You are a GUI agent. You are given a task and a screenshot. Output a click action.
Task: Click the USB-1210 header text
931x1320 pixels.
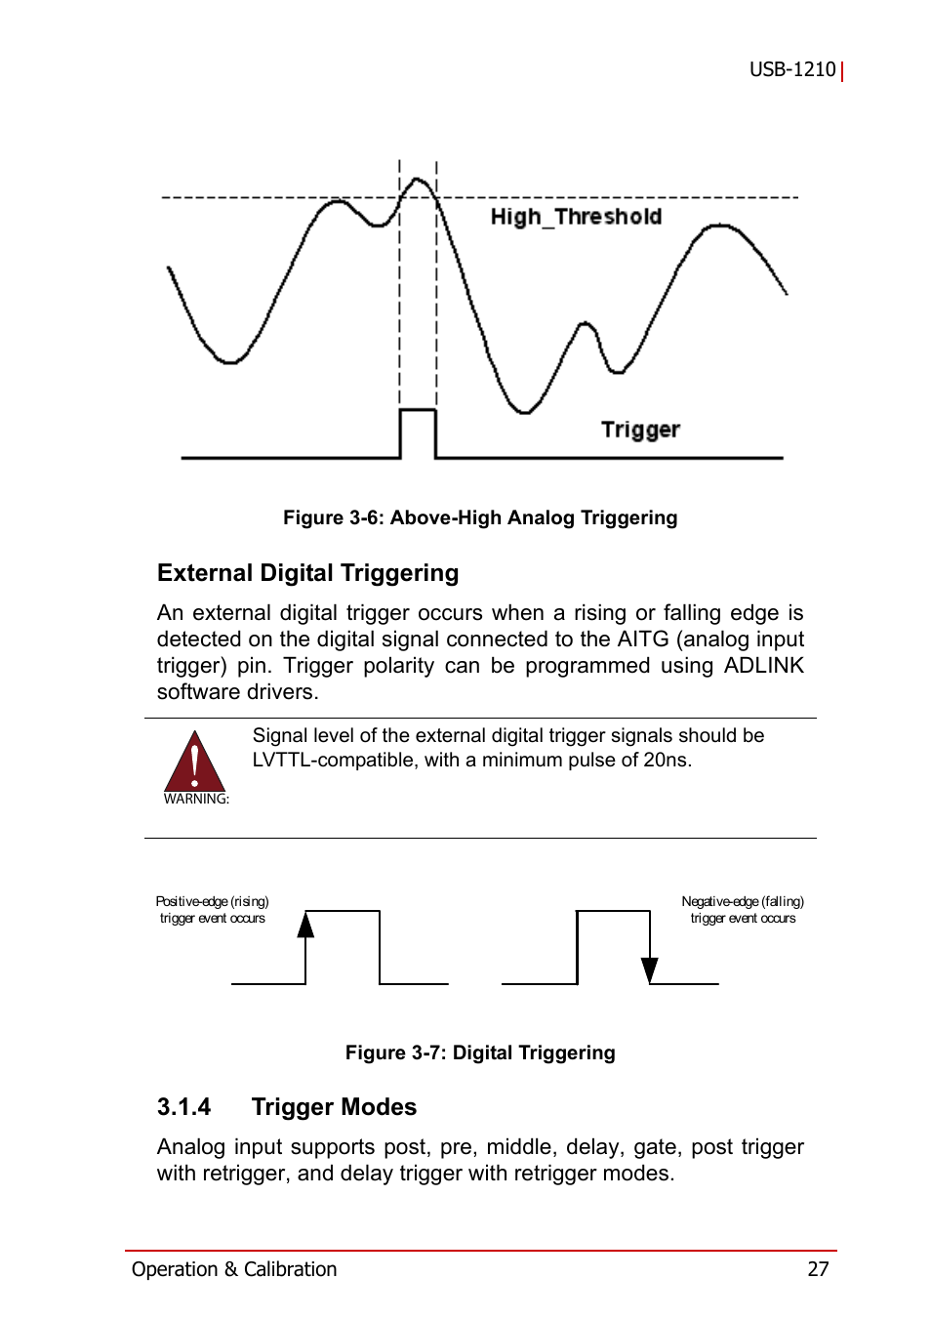[792, 69]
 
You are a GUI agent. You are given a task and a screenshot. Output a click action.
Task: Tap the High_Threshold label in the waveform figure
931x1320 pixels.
[576, 217]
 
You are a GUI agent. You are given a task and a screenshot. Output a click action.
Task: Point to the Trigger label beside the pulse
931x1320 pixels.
[640, 430]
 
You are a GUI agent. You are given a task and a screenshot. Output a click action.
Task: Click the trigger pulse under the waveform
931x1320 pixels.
[418, 432]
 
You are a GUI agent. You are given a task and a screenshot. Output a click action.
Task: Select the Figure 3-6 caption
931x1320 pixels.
[480, 517]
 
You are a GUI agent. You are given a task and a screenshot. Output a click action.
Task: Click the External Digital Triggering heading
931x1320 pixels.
[307, 573]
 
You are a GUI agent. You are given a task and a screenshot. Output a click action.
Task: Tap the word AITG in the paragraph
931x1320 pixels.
[643, 639]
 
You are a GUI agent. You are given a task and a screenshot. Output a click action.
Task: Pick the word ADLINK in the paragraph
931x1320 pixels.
[763, 666]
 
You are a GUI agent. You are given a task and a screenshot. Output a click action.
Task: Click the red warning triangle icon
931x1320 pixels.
[195, 763]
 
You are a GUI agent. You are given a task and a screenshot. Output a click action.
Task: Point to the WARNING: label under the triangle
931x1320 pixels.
[196, 799]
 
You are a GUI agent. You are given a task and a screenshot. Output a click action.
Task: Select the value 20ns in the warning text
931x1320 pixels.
[667, 761]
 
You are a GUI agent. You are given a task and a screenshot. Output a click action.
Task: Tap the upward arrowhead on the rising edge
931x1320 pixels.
[306, 925]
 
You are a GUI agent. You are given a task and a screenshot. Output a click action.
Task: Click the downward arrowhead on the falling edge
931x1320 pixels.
[649, 969]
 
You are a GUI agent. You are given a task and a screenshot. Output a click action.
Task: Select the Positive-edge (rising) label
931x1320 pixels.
[212, 902]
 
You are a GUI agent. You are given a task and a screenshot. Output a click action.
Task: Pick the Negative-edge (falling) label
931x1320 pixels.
[743, 902]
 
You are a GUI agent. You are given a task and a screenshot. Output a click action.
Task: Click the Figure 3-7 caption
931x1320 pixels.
[480, 1052]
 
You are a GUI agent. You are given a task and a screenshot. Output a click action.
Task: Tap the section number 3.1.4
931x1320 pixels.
[183, 1107]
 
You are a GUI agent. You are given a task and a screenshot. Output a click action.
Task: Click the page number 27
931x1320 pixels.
[818, 1269]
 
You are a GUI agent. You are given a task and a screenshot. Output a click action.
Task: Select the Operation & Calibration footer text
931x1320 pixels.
[234, 1269]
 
